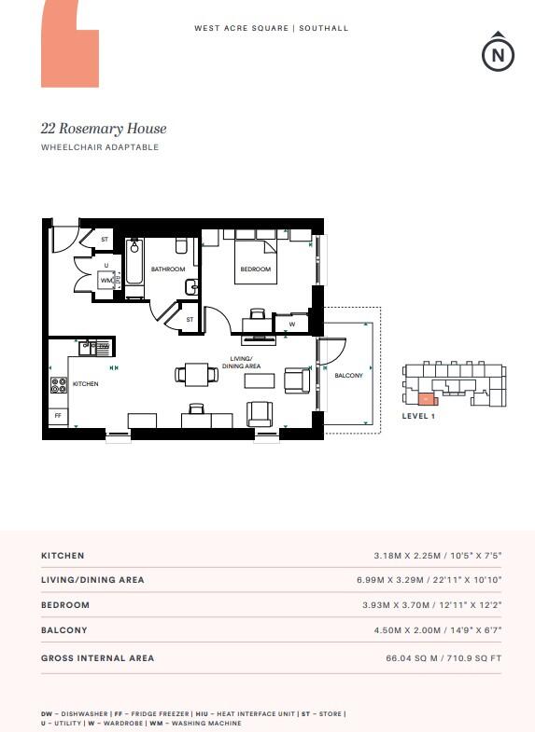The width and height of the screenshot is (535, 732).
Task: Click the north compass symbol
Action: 498,53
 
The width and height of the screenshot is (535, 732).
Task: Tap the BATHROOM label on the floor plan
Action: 168,269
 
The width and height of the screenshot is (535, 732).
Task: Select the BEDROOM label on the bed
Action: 255,269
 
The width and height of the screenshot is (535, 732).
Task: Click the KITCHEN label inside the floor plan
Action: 86,383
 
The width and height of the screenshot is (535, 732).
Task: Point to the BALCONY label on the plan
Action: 349,375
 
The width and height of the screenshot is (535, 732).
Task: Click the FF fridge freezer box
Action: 58,415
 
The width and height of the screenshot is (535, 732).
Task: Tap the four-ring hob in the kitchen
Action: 58,383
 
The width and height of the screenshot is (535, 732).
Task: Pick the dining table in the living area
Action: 197,375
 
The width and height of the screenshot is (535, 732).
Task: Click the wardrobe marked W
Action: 292,325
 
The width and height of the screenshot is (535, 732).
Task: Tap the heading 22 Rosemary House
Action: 103,129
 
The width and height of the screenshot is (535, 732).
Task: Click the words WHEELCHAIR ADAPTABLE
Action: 100,147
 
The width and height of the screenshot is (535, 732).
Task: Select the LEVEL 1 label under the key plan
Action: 418,416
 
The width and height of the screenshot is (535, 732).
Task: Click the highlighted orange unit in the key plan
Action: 427,397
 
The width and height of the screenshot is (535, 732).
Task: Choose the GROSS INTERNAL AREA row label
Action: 97,658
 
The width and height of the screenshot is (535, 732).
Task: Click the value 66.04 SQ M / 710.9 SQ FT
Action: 443,658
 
